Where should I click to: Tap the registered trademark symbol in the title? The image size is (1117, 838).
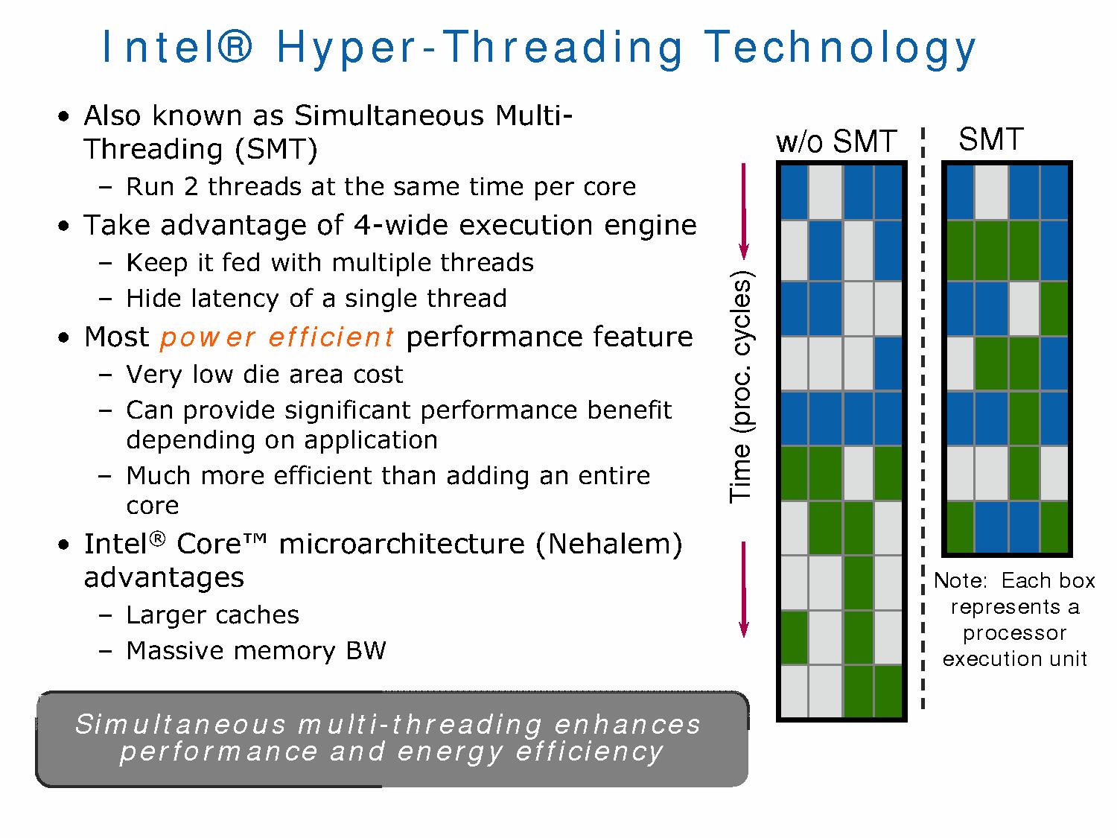click(x=235, y=46)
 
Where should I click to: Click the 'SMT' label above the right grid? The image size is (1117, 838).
click(x=991, y=139)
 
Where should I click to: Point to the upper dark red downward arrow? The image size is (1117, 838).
click(x=743, y=211)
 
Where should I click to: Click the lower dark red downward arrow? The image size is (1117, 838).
click(x=743, y=589)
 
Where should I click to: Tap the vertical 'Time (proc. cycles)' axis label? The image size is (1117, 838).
click(x=742, y=387)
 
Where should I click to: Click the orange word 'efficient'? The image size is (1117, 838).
click(x=331, y=337)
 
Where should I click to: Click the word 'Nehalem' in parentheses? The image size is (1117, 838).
click(x=608, y=544)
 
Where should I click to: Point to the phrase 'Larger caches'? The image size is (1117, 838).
click(x=213, y=615)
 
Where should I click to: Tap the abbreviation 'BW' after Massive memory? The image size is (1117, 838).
click(x=366, y=650)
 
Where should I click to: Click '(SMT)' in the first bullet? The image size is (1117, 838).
click(x=276, y=150)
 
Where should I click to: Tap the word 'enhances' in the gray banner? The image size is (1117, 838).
click(x=627, y=724)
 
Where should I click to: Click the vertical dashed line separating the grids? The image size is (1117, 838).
click(x=923, y=418)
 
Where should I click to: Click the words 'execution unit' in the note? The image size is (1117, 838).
click(x=1015, y=658)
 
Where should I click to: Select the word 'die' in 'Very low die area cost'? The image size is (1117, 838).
click(x=256, y=374)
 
